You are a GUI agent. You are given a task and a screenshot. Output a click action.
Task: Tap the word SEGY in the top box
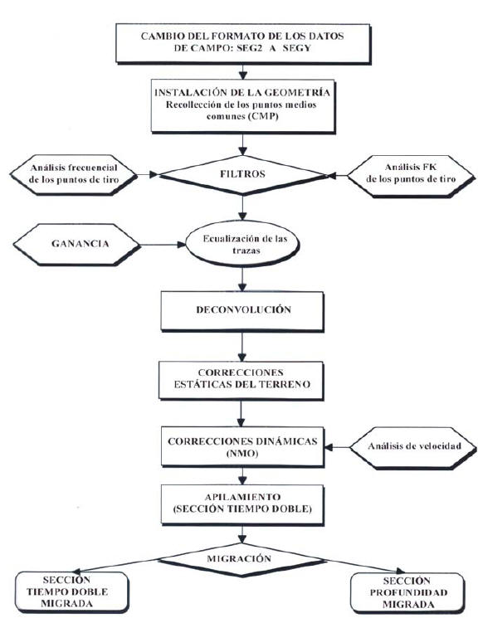tap(298, 48)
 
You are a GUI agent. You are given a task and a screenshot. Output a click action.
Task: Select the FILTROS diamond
tap(242, 174)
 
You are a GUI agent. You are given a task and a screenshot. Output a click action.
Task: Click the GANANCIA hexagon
tap(76, 244)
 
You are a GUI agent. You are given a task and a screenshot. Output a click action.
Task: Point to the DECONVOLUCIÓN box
tap(242, 310)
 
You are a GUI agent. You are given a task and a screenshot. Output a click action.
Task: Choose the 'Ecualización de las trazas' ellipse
tap(243, 245)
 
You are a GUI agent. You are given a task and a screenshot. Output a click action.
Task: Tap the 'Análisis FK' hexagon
tap(411, 174)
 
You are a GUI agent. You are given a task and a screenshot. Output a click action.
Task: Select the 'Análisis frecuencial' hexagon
tap(74, 174)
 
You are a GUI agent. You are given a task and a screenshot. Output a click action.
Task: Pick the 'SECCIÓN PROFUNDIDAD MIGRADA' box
tap(407, 593)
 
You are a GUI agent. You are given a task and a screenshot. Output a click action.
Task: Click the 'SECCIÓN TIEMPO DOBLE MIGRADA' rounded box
tap(72, 592)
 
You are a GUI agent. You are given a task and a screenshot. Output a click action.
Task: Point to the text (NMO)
tap(242, 454)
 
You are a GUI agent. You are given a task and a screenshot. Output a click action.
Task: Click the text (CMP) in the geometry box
tap(263, 117)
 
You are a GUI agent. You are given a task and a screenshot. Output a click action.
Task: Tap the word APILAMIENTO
tap(242, 498)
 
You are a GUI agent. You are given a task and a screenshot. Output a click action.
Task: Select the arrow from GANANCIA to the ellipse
tap(163, 245)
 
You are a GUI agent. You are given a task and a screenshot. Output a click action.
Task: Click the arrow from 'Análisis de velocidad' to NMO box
tap(337, 448)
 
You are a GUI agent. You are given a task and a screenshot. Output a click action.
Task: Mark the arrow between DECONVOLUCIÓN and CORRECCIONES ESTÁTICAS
tap(241, 347)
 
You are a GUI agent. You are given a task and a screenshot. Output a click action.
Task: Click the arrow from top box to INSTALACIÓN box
tap(243, 71)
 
